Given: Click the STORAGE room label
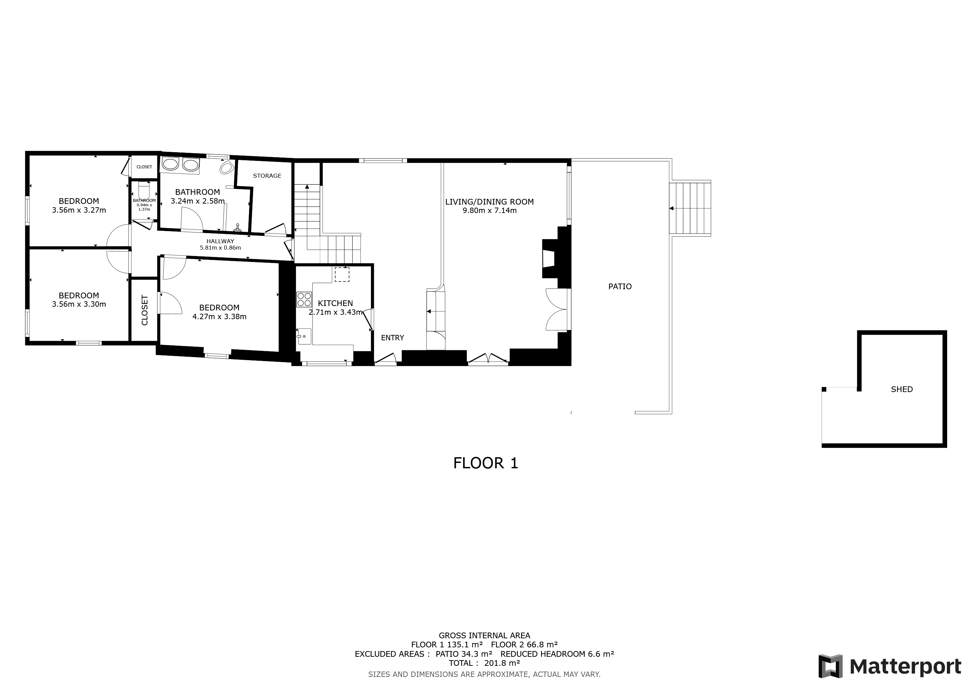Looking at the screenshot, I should pos(267,176).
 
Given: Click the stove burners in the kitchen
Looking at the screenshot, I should pos(304,300).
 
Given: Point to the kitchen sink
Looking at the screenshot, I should pos(304,336).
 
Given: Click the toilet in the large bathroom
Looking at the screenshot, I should pos(227,168).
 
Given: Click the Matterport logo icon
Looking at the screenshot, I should pos(830,666).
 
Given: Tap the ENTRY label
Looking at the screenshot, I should pos(392,338).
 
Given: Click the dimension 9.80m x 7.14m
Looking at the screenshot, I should pos(489,211).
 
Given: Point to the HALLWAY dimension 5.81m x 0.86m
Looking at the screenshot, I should pos(220,248).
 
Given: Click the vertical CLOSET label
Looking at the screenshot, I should pos(144,310).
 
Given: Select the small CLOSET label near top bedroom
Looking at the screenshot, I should pos(144,167).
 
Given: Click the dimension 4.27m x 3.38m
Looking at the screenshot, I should pos(219,316).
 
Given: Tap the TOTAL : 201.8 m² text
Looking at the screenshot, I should pos(484,663).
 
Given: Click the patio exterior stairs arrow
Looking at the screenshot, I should pos(671,208).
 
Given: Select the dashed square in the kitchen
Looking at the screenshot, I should pos(342,274).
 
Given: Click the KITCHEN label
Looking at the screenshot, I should pos(335,303).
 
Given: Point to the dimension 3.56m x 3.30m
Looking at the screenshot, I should pos(79,304).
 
